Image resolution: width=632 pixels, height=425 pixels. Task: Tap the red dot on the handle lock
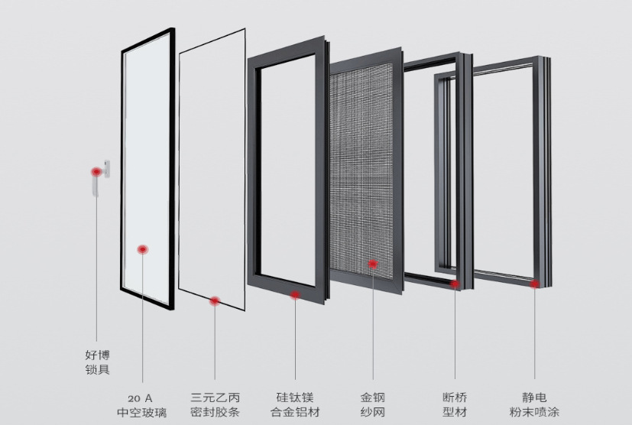96,173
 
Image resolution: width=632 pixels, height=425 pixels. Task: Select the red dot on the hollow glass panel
142,249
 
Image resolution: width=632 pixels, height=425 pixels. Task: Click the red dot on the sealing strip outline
215,301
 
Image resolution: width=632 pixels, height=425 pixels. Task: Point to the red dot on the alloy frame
295,294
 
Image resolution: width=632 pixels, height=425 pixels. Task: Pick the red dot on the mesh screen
373,264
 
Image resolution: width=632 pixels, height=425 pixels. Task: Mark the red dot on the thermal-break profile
455,284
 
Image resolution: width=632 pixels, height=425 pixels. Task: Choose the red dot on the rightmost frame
534,284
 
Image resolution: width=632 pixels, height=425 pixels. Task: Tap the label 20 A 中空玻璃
141,405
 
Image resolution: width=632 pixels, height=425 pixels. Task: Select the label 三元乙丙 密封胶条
215,405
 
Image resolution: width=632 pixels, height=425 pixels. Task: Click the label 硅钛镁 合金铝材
295,405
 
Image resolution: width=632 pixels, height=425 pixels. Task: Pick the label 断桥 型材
455,405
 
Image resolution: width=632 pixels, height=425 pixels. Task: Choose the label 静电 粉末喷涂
534,405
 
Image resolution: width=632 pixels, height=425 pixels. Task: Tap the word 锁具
97,370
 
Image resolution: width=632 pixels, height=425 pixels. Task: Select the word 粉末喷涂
534,413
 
